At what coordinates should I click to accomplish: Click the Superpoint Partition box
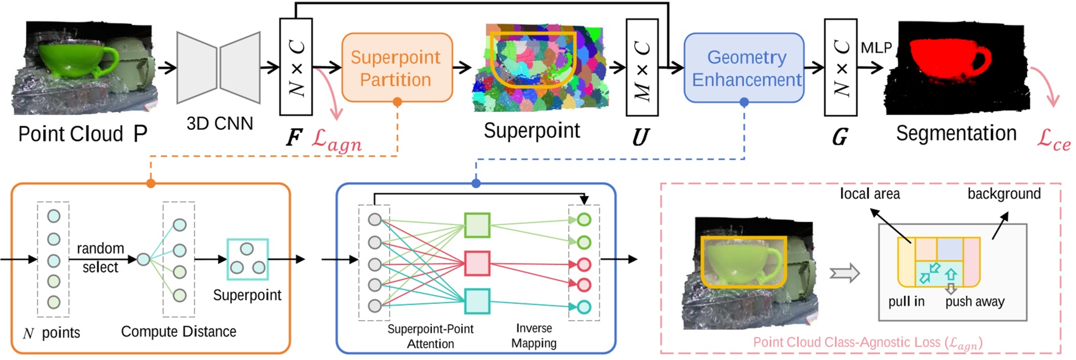click(x=396, y=68)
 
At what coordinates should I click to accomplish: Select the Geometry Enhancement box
click(x=744, y=68)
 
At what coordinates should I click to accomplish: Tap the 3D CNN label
click(x=220, y=124)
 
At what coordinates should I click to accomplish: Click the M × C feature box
click(x=642, y=68)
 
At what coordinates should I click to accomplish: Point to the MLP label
click(x=876, y=48)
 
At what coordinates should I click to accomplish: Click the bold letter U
click(x=641, y=137)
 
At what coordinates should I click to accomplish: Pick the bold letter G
click(x=840, y=137)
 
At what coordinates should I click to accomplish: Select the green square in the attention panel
click(x=476, y=225)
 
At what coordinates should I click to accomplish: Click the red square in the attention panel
click(x=476, y=263)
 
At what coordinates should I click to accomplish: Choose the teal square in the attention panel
click(x=476, y=302)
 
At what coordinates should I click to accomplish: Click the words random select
click(x=100, y=257)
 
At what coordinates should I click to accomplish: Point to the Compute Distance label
click(x=179, y=332)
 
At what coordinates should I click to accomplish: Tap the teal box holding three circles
click(x=247, y=259)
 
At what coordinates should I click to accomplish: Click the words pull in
click(x=906, y=302)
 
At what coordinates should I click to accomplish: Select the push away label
click(x=974, y=302)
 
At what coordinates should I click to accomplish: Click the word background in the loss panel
click(x=1003, y=194)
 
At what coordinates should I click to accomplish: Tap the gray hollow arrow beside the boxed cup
click(x=845, y=273)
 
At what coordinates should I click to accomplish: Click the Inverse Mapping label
click(x=534, y=335)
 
